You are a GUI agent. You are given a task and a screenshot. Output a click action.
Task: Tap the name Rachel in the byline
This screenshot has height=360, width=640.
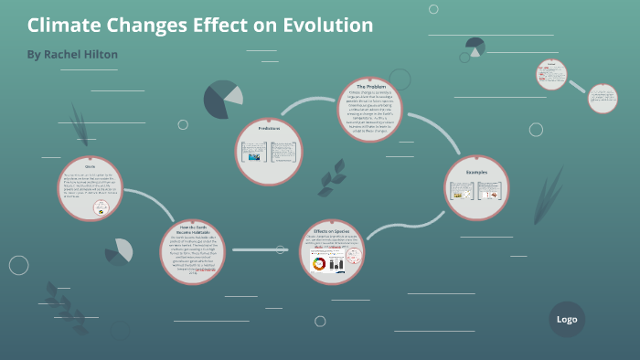tap(68, 55)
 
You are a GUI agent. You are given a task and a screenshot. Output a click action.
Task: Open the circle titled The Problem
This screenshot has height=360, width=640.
tap(370, 110)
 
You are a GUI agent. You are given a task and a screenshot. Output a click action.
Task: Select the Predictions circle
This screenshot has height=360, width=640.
tap(269, 152)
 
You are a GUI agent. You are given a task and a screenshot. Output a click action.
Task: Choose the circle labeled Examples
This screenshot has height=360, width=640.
tap(476, 189)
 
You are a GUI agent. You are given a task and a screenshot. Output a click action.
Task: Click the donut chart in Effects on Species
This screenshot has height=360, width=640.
tap(319, 264)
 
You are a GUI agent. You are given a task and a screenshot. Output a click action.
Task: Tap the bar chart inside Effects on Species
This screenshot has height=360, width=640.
tap(336, 264)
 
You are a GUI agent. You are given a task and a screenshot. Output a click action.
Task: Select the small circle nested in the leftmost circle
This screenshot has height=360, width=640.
tap(102, 208)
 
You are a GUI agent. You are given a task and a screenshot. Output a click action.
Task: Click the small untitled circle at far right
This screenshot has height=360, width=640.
tap(603, 99)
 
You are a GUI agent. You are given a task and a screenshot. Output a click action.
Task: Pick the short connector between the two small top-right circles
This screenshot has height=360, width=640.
tap(577, 85)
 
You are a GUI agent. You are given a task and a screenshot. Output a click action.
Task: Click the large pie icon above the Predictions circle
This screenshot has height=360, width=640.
tap(222, 99)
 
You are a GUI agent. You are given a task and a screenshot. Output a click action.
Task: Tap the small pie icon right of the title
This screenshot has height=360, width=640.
tap(475, 47)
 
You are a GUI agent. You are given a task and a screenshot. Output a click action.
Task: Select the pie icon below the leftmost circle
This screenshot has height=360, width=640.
tap(119, 251)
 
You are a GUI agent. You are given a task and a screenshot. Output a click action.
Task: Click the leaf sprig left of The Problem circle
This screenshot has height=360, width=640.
tap(331, 177)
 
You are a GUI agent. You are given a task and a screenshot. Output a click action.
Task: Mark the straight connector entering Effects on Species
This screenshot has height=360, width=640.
tap(260, 249)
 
